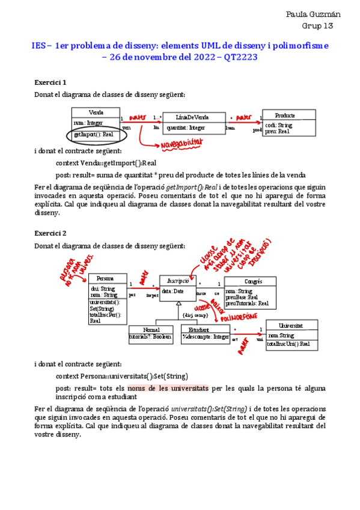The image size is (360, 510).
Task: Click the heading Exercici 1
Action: tap(50, 82)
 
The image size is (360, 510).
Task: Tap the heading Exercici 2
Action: tap(50, 233)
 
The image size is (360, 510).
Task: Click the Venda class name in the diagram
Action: tap(96, 112)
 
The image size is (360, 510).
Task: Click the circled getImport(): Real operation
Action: tap(93, 135)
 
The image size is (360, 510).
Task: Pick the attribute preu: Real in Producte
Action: tap(277, 131)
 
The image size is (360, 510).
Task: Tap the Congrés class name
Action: tap(253, 281)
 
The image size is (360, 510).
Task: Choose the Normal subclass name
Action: tap(151, 330)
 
